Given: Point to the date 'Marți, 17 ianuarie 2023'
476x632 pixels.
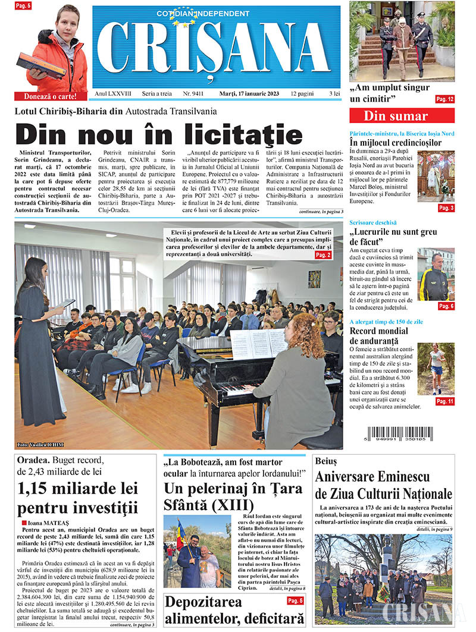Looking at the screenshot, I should point(249,94).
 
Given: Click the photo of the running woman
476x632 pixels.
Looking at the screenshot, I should point(436,369).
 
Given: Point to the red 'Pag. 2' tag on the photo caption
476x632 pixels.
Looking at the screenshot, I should point(323,255).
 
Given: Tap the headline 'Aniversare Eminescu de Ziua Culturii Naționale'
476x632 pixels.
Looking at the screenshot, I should point(384,485).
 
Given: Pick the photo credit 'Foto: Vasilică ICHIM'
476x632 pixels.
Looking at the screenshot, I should point(40,445).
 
